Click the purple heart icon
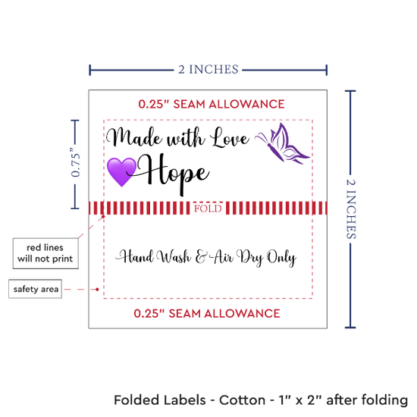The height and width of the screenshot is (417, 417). point(121,172)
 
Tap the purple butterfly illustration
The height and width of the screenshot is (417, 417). point(283,143)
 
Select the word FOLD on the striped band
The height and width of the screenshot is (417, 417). point(208,208)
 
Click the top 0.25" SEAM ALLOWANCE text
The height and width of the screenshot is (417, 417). point(212,104)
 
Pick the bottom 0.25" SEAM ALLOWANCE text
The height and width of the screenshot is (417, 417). point(207,314)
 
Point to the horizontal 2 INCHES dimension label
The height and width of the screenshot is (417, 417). point(208,70)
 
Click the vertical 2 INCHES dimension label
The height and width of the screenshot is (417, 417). point(351,208)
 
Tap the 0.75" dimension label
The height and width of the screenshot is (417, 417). point(76,162)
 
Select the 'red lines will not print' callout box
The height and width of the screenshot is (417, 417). point(45,253)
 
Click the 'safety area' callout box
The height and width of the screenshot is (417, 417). point(36,289)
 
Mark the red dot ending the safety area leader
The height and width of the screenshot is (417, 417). point(97,289)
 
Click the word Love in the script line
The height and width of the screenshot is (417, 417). point(230,138)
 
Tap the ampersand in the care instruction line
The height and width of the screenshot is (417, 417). point(201,257)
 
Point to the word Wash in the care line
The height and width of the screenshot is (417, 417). point(174,257)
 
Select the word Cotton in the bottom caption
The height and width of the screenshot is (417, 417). point(242,400)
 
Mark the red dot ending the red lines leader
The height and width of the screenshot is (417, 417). point(103,217)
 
